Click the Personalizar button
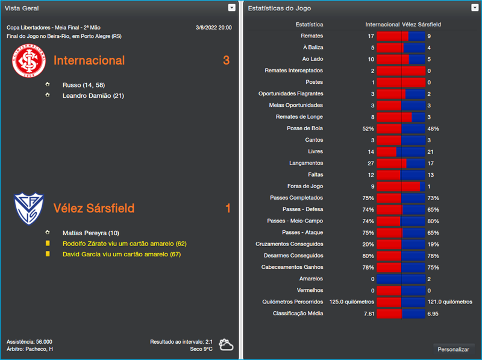click(x=453, y=349)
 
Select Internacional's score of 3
click(x=227, y=60)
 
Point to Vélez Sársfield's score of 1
click(x=228, y=208)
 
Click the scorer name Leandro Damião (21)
click(x=93, y=96)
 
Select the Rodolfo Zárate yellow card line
click(x=124, y=244)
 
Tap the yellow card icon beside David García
click(x=48, y=254)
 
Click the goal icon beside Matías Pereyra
click(x=48, y=232)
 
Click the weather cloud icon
click(x=227, y=345)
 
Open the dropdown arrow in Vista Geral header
click(x=232, y=8)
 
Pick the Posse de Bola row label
click(x=305, y=128)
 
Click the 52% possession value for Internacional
click(x=368, y=128)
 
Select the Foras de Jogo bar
click(x=401, y=186)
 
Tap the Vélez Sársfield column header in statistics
click(x=422, y=25)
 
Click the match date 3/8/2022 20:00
click(x=213, y=28)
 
